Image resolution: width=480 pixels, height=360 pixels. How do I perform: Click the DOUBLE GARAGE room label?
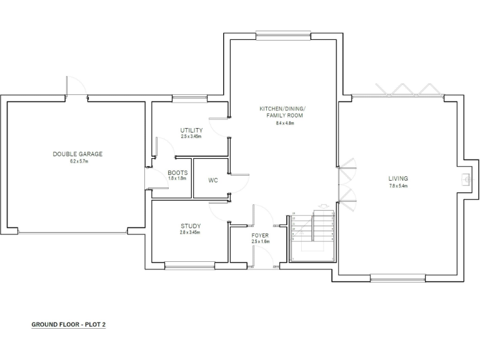77,154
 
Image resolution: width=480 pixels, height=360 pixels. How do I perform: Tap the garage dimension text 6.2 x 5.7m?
77,161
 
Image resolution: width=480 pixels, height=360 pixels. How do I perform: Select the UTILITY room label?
191,130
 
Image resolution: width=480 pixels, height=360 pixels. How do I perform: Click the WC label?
212,180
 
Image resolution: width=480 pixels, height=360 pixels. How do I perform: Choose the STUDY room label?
191,226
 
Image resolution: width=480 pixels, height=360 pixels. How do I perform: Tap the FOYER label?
260,235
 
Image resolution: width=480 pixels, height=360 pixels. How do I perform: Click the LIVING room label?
398,179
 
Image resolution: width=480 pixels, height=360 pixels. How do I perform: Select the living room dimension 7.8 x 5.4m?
398,186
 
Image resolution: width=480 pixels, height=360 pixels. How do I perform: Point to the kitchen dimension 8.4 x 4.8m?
284,123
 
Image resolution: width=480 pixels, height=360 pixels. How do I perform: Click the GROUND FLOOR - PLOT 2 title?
69,325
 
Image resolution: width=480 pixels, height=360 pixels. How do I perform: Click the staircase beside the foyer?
313,235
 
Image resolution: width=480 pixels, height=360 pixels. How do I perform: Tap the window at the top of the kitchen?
284,34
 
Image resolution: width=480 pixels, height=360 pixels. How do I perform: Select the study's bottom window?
190,266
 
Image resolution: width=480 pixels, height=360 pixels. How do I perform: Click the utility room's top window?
190,97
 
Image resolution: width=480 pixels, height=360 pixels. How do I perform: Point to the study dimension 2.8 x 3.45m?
191,232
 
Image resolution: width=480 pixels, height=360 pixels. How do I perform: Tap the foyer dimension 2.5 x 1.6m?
260,242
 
